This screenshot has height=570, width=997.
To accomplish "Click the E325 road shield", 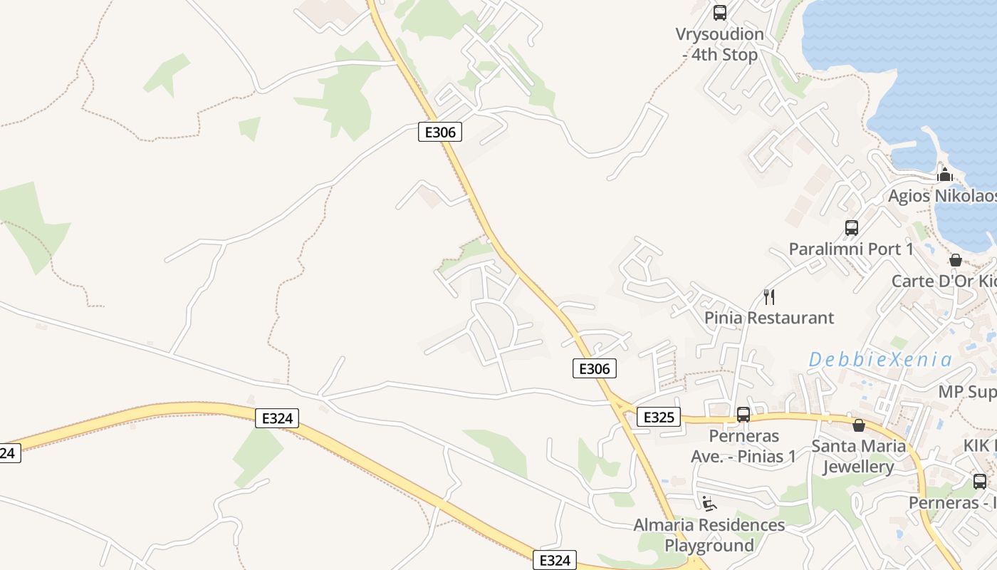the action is (658, 417).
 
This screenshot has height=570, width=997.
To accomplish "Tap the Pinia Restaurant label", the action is (769, 318).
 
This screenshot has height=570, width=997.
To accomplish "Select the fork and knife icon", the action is (768, 296).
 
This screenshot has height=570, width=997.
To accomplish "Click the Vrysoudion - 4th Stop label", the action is (720, 44).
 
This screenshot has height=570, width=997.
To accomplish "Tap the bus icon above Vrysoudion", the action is (720, 12).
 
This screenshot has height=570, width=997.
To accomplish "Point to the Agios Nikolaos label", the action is (941, 196).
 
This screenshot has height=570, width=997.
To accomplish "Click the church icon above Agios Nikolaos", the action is (945, 175).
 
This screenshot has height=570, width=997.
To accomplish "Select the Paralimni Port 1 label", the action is (851, 249).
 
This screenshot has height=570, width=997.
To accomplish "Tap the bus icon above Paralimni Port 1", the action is (852, 228).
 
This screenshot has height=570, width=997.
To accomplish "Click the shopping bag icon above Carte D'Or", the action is (956, 260).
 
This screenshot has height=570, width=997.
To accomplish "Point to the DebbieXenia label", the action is (880, 360).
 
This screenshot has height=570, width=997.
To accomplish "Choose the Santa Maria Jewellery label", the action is (859, 457).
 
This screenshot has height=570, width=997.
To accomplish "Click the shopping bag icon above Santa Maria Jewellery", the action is (859, 425).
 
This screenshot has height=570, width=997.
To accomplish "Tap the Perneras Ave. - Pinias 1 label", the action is (743, 446).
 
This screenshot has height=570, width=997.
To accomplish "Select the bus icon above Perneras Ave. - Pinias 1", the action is (743, 414).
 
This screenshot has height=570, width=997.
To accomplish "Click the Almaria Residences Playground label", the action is (709, 535).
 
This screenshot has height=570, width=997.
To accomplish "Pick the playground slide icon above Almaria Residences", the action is (708, 504).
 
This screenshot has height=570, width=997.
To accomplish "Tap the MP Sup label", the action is (967, 392).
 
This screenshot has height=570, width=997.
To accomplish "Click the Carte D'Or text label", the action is (944, 281).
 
